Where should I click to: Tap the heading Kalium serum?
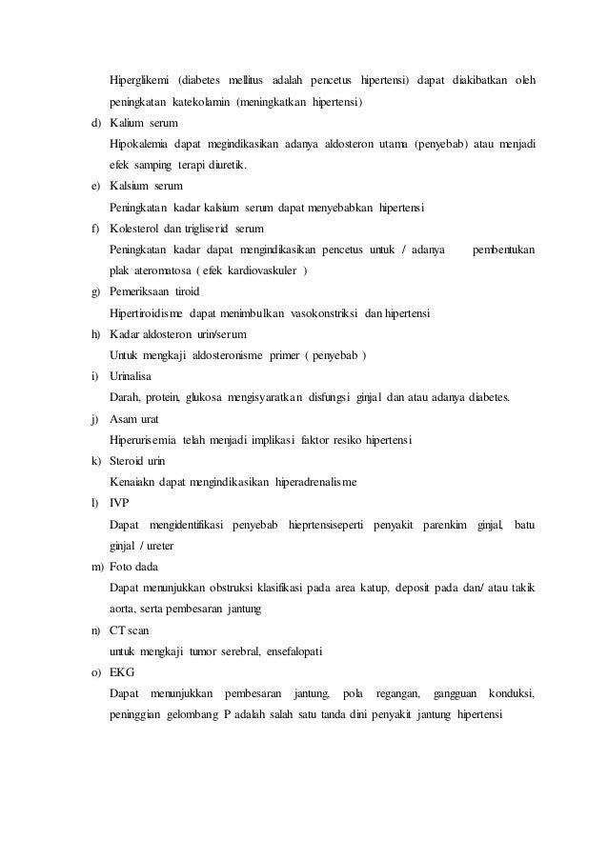pyautogui.click(x=143, y=123)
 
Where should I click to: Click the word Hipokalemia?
pyautogui.click(x=141, y=144)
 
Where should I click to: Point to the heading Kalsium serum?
pyautogui.click(x=146, y=186)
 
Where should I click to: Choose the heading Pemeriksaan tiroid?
pyautogui.click(x=155, y=291)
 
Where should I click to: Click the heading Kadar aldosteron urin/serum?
pyautogui.click(x=179, y=334)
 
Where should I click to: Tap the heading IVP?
pyautogui.click(x=120, y=503)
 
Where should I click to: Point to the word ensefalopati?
pyautogui.click(x=287, y=650)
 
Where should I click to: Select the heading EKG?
pyautogui.click(x=122, y=671)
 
